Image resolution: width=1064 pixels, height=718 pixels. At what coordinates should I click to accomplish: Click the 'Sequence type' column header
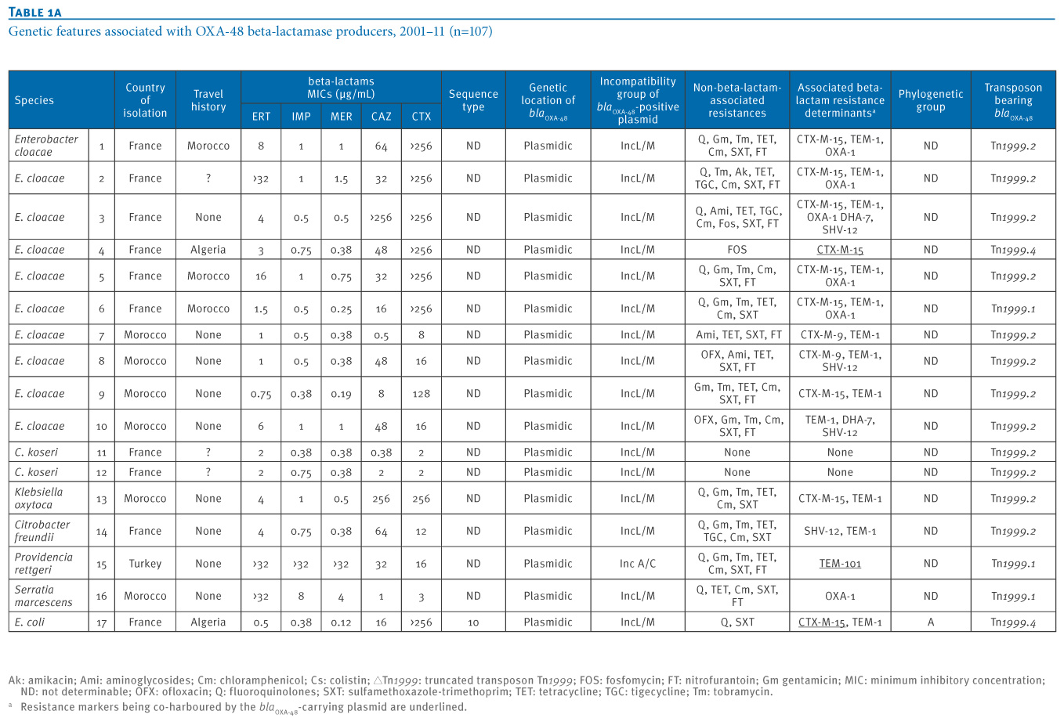click(x=473, y=100)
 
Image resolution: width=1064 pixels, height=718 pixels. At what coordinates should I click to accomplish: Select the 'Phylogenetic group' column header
click(x=930, y=100)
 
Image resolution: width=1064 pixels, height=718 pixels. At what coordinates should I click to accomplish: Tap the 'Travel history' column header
click(x=208, y=100)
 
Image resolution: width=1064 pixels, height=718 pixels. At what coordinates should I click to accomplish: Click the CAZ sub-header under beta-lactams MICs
click(x=381, y=116)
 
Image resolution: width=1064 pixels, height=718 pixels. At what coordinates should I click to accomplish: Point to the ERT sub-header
click(x=261, y=116)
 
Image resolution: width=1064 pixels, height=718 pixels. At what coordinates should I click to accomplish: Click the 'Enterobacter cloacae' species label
click(x=46, y=145)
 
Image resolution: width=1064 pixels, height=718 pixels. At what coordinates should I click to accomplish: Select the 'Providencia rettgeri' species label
click(x=43, y=563)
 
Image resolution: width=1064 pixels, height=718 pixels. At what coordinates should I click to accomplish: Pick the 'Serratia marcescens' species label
click(x=43, y=596)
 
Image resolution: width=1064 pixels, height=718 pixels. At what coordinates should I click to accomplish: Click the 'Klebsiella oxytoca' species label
click(x=38, y=498)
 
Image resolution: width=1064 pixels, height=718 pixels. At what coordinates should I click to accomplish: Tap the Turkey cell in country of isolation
click(x=145, y=563)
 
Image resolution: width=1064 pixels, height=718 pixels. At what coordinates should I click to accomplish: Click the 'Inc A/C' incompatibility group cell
click(x=638, y=563)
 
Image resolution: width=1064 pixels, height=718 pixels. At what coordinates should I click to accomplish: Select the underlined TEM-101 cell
click(x=839, y=563)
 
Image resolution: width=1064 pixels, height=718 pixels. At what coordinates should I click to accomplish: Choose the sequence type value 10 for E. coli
click(x=473, y=622)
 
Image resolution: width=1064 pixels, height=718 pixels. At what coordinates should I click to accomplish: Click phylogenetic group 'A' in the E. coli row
click(x=931, y=622)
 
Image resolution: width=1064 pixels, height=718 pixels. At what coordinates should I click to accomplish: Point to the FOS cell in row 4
click(x=736, y=250)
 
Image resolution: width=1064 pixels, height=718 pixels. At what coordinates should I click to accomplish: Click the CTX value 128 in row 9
click(x=421, y=393)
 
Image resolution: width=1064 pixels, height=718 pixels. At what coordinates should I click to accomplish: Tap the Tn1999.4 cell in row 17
click(x=1013, y=622)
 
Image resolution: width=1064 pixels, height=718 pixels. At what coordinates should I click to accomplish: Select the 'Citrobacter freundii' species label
click(x=42, y=531)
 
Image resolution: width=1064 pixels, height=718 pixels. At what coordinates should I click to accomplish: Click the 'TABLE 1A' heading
click(x=35, y=12)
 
